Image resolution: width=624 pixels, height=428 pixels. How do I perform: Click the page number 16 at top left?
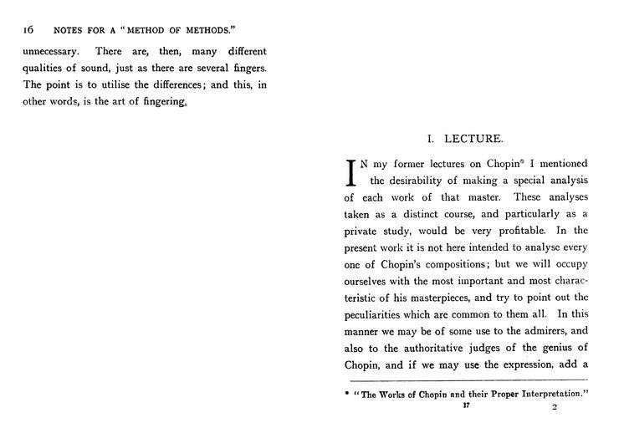coord(28,28)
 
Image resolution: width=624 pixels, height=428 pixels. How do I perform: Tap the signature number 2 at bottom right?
coord(554,408)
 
